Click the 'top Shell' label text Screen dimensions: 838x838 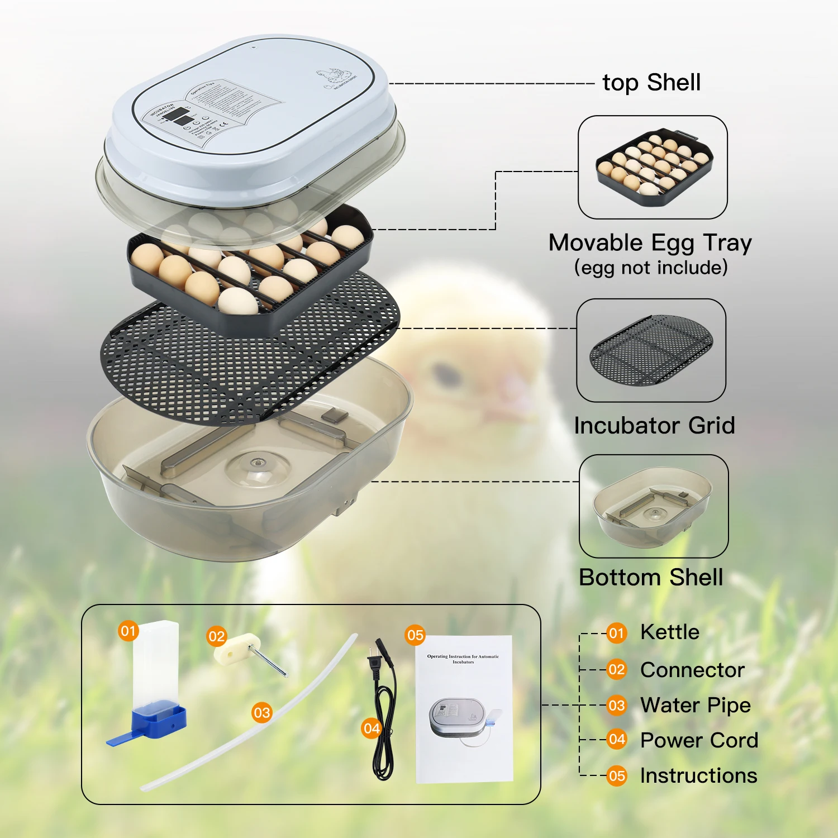point(651,83)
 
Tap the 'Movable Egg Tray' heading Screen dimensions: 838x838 point(650,243)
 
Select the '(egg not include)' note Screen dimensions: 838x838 point(651,268)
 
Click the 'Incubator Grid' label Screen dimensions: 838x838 point(654,426)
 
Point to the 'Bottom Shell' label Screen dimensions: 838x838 point(651,578)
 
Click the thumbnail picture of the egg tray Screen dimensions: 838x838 point(653,167)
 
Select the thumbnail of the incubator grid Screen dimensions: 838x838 point(651,350)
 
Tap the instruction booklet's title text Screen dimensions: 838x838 point(463,659)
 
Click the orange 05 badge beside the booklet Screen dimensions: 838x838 point(415,635)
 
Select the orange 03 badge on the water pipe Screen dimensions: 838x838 point(261,713)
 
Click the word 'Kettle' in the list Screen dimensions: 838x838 point(669,632)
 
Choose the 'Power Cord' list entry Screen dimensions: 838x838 point(699,741)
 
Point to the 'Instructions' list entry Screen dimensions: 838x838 point(698,776)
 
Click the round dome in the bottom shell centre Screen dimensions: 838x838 point(257,463)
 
